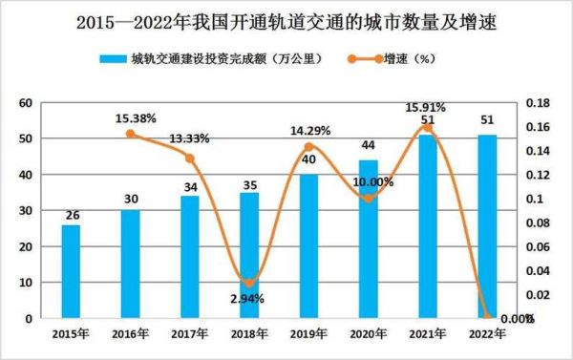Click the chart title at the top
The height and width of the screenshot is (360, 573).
[x=286, y=18]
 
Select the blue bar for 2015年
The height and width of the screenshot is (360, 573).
[x=71, y=271]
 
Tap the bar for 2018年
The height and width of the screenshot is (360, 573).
[x=249, y=255]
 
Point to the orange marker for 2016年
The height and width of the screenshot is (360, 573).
[x=131, y=134]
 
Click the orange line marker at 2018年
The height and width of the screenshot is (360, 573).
[x=249, y=283]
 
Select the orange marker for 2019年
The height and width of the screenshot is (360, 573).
[x=309, y=147]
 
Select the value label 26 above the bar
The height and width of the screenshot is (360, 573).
[x=71, y=216]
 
